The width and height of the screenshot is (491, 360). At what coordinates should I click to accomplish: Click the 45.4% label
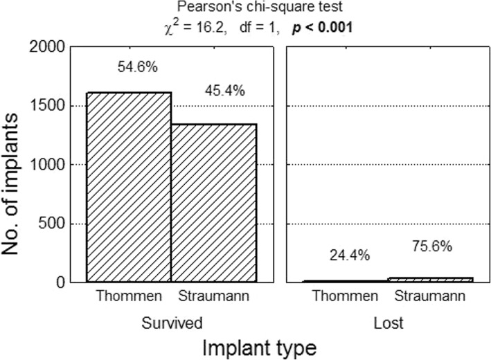224,91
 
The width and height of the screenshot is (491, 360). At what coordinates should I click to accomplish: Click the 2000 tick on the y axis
50,47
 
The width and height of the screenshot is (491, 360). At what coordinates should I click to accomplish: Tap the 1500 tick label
50,106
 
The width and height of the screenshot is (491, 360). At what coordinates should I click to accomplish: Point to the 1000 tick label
50,165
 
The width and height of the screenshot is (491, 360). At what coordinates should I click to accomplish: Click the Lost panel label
389,322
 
